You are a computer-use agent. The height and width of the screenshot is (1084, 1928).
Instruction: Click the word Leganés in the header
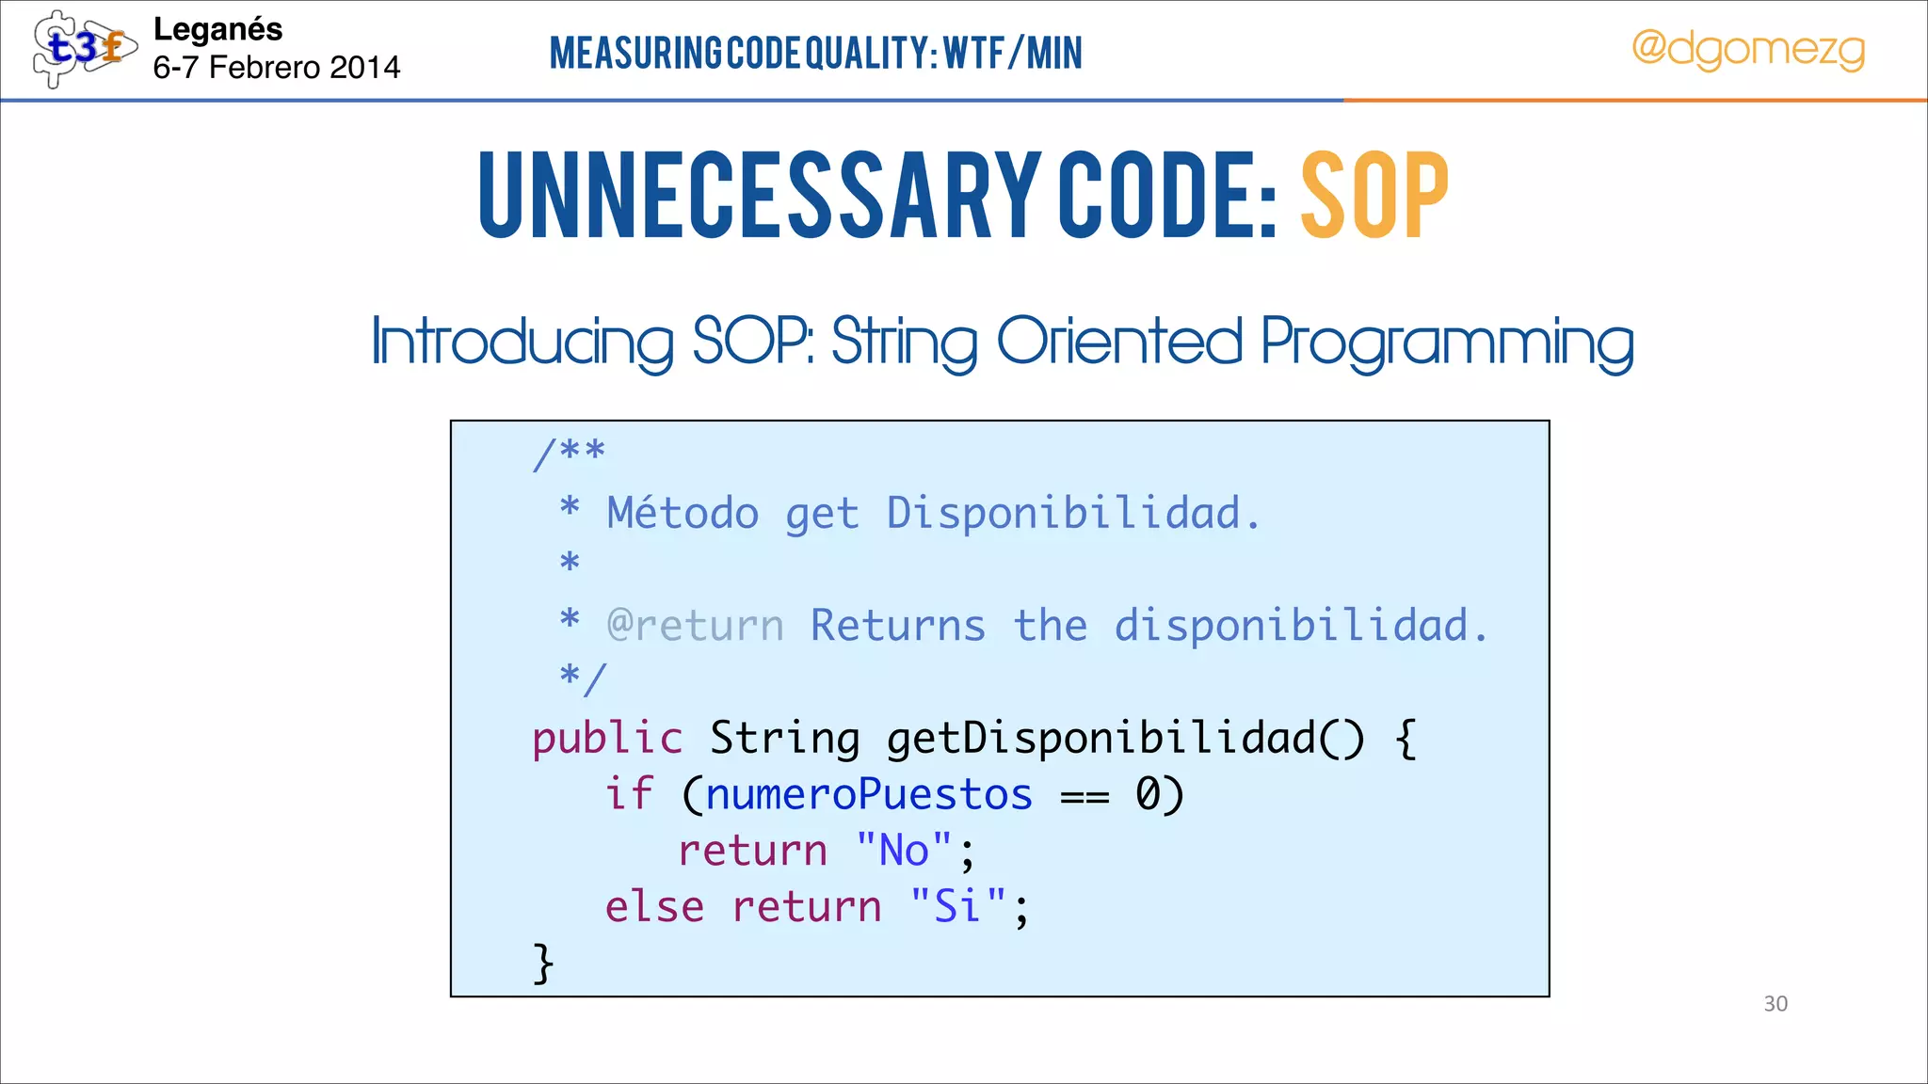[x=217, y=29]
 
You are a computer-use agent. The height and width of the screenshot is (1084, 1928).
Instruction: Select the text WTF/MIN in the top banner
[x=1013, y=53]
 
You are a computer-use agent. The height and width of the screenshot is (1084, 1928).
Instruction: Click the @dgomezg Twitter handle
[x=1748, y=49]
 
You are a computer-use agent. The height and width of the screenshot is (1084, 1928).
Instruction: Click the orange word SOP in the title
[x=1374, y=196]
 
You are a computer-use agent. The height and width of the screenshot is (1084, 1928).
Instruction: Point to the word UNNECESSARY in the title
[x=759, y=196]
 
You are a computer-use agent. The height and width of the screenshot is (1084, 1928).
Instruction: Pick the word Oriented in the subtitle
[x=1118, y=341]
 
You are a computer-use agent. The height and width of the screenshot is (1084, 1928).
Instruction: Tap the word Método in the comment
[x=683, y=514]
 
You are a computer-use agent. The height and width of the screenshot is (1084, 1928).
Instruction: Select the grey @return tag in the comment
[x=695, y=626]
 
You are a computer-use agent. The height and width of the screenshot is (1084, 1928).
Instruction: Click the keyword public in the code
[x=607, y=738]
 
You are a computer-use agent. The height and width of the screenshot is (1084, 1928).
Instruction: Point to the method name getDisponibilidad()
[x=1125, y=739]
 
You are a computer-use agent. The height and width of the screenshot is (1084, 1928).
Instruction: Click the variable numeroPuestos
[x=869, y=794]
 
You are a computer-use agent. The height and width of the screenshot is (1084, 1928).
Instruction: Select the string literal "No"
[x=904, y=851]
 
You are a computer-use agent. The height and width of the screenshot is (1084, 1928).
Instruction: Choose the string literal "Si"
[x=957, y=906]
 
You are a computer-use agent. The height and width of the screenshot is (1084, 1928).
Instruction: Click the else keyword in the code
[x=654, y=907]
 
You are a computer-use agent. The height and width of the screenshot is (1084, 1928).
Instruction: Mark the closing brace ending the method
[x=543, y=963]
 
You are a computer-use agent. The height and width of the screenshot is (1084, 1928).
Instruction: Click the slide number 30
[x=1775, y=1004]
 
